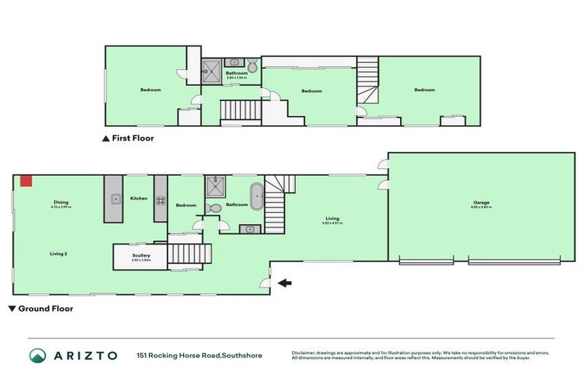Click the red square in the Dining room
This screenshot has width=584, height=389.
[x=26, y=180]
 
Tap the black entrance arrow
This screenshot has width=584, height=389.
[x=283, y=283]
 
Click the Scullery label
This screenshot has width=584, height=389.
[x=141, y=256]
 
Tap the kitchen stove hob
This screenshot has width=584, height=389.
[x=160, y=200]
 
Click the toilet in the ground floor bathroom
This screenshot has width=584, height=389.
[x=214, y=207]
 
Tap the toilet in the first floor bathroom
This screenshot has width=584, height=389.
[x=252, y=68]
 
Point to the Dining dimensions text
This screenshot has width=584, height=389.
[x=61, y=207]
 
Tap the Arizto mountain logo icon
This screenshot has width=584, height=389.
[x=37, y=355]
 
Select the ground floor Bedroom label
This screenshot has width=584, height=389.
[x=186, y=205]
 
